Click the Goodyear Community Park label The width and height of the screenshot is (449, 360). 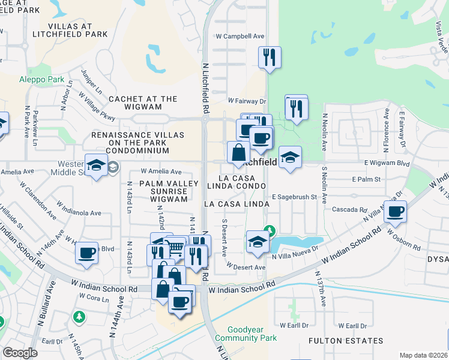point(252,334)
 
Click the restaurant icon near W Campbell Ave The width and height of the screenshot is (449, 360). point(270,58)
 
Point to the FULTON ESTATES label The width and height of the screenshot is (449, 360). point(346,341)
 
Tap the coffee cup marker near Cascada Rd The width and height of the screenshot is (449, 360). point(396,212)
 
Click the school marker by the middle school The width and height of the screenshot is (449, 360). point(96,166)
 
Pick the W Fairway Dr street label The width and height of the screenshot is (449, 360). point(247,101)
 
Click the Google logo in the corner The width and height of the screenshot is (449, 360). point(20,353)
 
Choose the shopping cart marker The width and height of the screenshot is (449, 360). point(175,247)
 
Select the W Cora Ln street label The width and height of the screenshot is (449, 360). point(93,296)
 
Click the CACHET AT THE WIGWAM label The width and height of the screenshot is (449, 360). point(143,103)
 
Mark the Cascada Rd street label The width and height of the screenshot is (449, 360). point(354,210)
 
